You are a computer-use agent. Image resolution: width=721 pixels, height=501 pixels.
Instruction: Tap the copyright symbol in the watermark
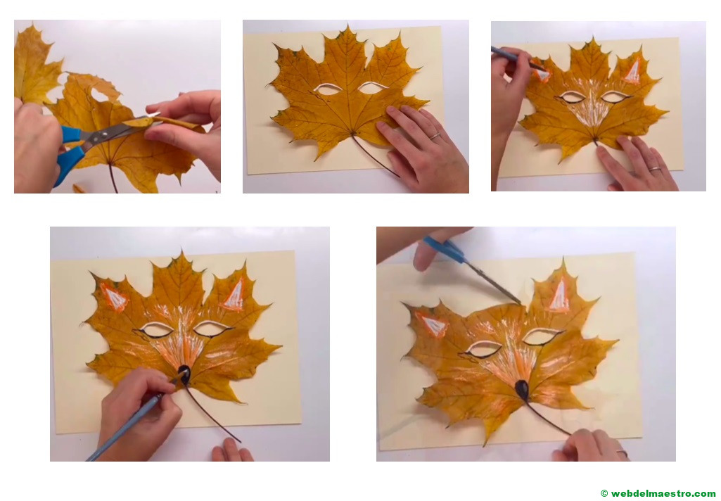point(604,493)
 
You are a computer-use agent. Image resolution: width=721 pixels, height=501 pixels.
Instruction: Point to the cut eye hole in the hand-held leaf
point(99,95)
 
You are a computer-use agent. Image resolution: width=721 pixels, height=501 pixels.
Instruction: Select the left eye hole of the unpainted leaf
point(327,89)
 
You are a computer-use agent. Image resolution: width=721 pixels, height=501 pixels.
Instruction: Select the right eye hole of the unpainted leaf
point(372,87)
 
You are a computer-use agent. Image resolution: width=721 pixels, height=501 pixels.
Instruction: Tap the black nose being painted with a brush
point(184,374)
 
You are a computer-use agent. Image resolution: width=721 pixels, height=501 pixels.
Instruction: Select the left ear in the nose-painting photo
point(114,297)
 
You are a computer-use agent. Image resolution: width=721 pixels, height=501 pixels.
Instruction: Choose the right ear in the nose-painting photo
point(234,295)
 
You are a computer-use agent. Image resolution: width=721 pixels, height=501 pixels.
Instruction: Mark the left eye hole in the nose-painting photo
point(157,329)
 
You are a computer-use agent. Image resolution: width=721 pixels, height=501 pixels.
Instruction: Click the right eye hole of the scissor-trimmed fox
point(540,336)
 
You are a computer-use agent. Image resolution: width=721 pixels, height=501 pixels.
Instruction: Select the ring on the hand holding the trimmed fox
point(622,453)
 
